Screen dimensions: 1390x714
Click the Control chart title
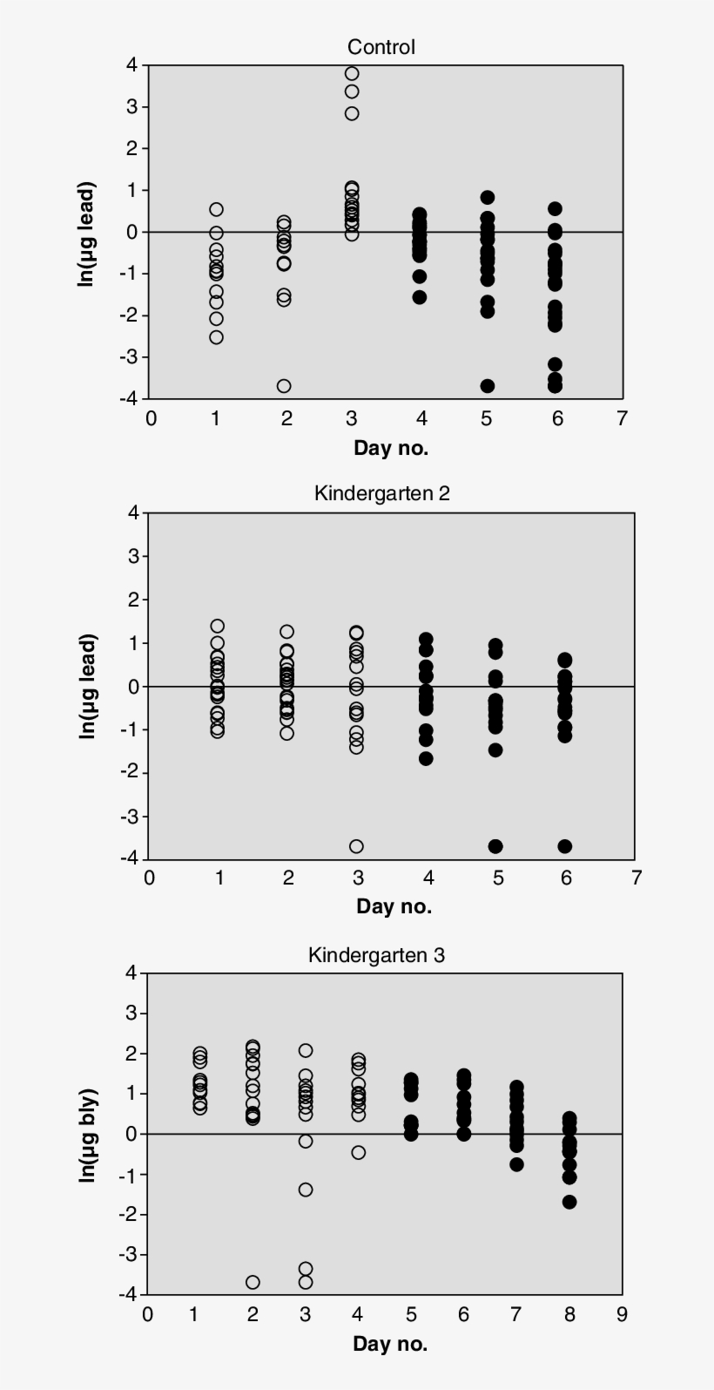click(x=381, y=47)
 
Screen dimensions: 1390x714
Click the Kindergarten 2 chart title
click(x=381, y=493)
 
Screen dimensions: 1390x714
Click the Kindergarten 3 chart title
click(x=376, y=955)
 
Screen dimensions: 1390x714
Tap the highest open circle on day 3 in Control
click(x=352, y=73)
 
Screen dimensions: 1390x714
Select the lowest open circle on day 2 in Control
click(x=284, y=386)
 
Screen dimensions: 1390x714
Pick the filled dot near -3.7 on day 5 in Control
click(x=488, y=386)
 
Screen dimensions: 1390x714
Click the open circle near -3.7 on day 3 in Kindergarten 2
click(x=356, y=846)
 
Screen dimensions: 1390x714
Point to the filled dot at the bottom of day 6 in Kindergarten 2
click(x=565, y=846)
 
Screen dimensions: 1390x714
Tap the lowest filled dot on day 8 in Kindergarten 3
click(x=569, y=1202)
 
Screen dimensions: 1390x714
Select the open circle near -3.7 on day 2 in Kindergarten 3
click(x=253, y=1282)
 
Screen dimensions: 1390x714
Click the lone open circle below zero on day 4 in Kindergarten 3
click(x=359, y=1152)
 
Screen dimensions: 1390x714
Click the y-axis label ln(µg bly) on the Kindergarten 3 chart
click(x=87, y=1136)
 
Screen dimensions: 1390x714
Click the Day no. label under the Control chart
click(x=391, y=448)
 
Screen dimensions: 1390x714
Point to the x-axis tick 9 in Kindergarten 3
click(x=622, y=1314)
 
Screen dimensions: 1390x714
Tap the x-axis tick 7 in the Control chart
click(x=622, y=418)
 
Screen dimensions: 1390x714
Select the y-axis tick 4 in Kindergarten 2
click(x=133, y=512)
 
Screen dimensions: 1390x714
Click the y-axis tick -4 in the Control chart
click(x=131, y=398)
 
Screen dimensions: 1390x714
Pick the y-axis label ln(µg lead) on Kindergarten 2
click(x=87, y=686)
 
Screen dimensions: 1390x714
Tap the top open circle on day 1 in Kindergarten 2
click(x=218, y=626)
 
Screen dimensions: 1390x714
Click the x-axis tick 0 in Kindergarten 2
click(x=150, y=878)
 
